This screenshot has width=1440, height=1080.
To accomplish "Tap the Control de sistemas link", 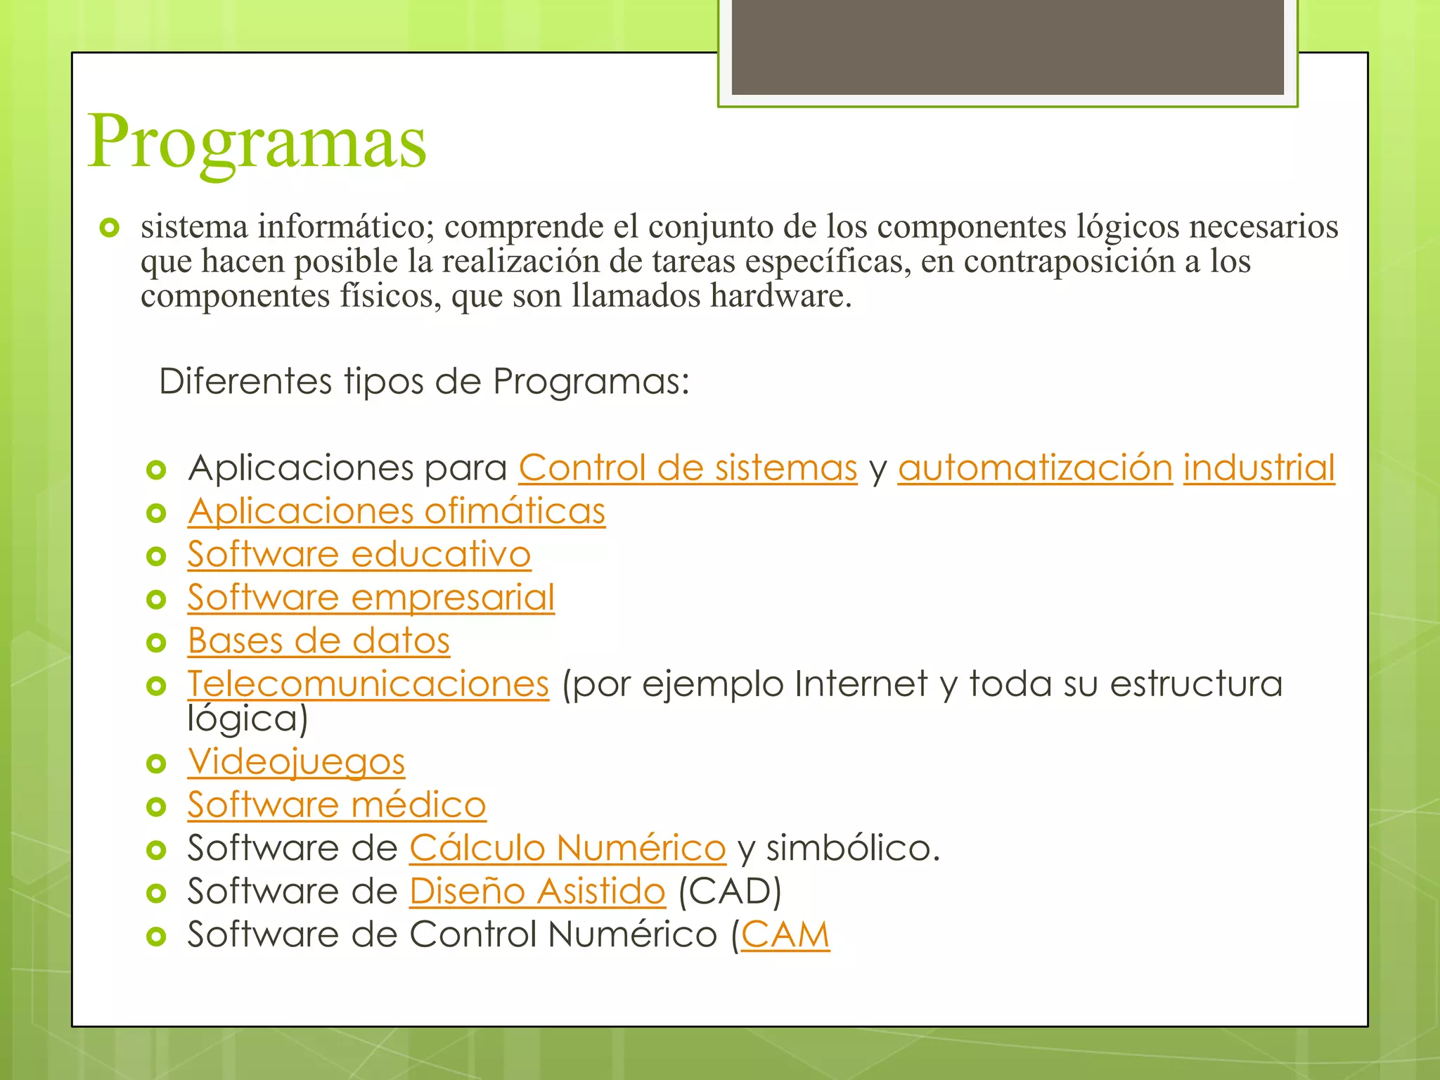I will coord(688,468).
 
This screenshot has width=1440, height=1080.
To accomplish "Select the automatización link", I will coord(1035,468).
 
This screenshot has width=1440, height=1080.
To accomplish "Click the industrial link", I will coord(1259,468).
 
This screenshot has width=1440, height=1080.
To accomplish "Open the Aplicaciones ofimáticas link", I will coord(396,511).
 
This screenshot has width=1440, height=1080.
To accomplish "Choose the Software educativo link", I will coord(359,554).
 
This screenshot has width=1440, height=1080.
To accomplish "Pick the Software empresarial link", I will coord(371,598).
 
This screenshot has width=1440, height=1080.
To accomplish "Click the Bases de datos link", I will coord(319,641).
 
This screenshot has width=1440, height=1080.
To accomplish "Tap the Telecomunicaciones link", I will coord(368,683).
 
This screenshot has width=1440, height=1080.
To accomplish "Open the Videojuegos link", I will coord(296,761).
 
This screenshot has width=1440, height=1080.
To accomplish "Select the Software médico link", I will coord(336,805).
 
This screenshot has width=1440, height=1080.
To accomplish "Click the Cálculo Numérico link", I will coord(567,848).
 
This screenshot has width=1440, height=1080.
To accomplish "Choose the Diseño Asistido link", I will coord(537,892).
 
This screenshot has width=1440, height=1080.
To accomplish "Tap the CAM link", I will coord(785,935).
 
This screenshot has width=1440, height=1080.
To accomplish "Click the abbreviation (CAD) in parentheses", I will coord(730,892).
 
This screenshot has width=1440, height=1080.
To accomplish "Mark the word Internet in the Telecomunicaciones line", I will coord(861,683).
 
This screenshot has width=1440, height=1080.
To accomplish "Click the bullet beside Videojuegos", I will coord(156,763).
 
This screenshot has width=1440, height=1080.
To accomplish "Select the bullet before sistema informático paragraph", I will coord(110,228).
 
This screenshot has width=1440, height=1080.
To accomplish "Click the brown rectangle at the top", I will coord(1008,46).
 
